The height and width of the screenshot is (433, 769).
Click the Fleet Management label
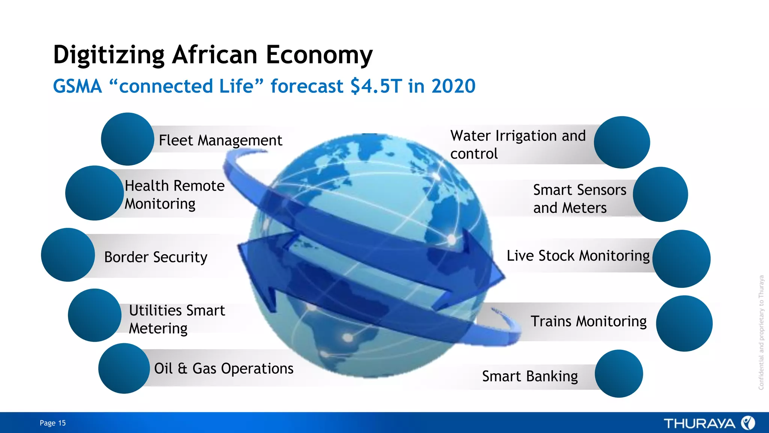220,141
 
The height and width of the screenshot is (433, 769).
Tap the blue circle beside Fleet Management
127,139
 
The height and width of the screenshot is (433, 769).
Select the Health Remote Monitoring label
175,195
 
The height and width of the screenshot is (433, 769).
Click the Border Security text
155,257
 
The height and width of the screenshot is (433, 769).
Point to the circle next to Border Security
68,255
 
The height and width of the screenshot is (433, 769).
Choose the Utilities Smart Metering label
176,319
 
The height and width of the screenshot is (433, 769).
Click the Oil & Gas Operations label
224,368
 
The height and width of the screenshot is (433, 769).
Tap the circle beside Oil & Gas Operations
124,368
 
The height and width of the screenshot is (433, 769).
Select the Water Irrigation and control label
517,144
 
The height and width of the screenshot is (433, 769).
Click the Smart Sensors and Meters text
579,199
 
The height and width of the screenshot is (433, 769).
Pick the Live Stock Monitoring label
578,256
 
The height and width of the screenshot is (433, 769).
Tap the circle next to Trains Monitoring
684,324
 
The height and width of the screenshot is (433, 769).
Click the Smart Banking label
530,376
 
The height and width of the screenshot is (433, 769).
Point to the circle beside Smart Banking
619,374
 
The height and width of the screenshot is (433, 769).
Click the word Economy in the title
319,55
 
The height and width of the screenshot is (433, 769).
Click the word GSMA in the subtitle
77,86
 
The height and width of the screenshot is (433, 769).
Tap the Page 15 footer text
53,423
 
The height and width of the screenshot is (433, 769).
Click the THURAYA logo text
699,424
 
